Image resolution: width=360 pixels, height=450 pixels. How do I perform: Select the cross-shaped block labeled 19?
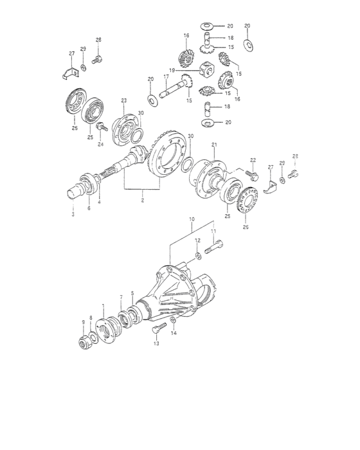coord(206,68)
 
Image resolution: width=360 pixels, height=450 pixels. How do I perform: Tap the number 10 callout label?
coord(191,219)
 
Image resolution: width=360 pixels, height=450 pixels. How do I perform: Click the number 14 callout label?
coord(173,334)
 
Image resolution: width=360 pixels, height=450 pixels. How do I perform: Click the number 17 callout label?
coord(165,76)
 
